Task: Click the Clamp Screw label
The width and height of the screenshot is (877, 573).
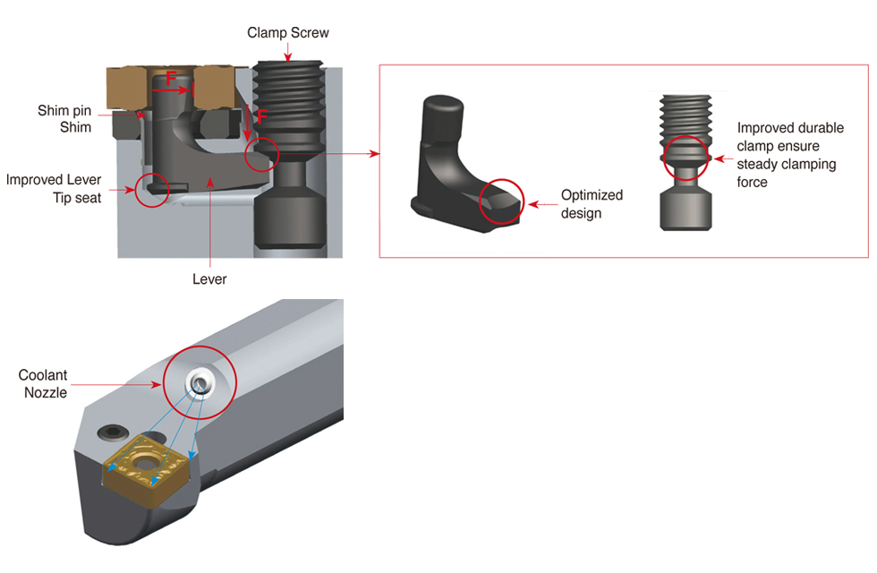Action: [x=288, y=33]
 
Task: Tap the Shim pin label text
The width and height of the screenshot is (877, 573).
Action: [x=64, y=111]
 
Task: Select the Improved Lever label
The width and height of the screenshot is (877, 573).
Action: [x=54, y=180]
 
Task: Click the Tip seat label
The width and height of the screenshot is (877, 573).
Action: [x=77, y=197]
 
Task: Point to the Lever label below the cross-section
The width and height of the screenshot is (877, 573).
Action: [x=209, y=279]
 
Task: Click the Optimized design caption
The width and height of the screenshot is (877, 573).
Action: [x=592, y=204]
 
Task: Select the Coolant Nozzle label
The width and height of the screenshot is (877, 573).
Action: [x=43, y=384]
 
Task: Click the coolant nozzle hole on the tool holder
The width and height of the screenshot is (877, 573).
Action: [x=200, y=383]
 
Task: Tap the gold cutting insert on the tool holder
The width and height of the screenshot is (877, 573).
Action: [x=149, y=471]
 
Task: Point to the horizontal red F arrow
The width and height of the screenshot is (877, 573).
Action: [x=177, y=90]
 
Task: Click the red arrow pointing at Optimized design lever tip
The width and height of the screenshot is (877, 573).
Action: [x=541, y=204]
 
